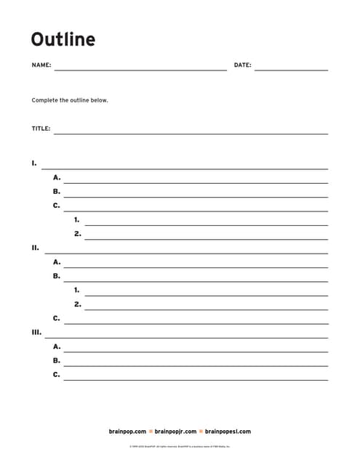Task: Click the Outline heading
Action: point(63,39)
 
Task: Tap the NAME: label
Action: point(41,65)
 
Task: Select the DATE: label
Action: point(242,65)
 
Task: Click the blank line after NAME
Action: point(140,70)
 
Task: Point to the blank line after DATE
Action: point(291,70)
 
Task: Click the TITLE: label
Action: point(41,129)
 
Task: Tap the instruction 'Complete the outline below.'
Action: point(70,100)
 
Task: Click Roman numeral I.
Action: point(34,163)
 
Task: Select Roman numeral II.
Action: point(36,248)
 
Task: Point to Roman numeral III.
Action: point(36,332)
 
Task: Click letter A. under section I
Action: point(57,177)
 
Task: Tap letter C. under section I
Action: point(57,206)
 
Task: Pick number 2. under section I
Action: point(77,234)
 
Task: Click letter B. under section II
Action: point(57,276)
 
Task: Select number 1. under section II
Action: point(77,290)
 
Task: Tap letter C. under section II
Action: point(57,318)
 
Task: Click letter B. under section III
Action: point(57,360)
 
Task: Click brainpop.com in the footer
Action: point(127,431)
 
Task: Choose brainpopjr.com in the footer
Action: point(175,431)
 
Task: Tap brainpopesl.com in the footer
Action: point(227,431)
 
